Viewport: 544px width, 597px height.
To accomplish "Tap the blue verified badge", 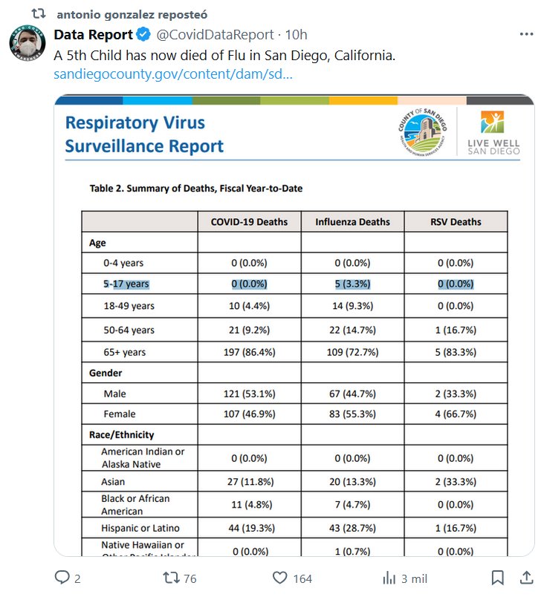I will pos(144,35).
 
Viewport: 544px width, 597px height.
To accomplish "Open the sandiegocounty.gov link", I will pos(172,75).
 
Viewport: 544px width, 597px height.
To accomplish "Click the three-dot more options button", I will pos(526,35).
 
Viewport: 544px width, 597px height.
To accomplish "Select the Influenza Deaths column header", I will pos(352,221).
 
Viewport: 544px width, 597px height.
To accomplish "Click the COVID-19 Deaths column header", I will pos(249,221).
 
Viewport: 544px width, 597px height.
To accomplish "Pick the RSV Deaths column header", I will pos(456,221).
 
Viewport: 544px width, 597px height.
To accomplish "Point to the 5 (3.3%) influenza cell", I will pos(352,284).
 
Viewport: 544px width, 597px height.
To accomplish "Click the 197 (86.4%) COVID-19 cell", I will pos(249,351).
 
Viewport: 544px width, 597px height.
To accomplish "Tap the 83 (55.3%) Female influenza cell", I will pos(352,414).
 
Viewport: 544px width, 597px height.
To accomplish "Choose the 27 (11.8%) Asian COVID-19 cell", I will pos(249,482).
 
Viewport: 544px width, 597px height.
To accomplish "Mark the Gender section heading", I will pos(106,373).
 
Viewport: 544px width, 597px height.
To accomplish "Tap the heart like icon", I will pos(279,578).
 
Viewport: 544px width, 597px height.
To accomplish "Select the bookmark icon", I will pos(498,578).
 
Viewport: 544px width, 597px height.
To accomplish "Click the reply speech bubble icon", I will pos(62,578).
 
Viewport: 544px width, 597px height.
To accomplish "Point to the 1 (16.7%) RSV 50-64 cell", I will pos(456,329).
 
